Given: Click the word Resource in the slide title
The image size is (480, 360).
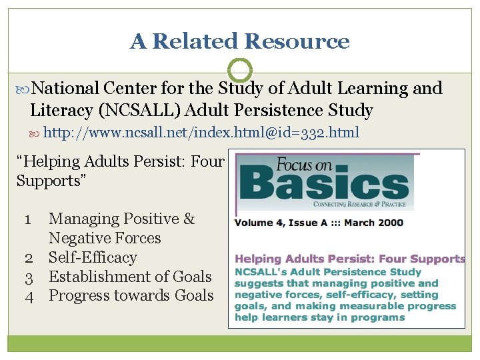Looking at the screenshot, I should click(x=297, y=41).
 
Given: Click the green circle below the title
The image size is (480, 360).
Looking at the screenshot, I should click(x=239, y=70).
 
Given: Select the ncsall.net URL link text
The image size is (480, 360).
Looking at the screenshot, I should click(x=201, y=133).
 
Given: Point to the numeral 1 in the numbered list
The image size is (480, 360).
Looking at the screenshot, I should click(x=29, y=219).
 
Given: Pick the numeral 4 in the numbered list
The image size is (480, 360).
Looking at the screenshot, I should click(x=29, y=296).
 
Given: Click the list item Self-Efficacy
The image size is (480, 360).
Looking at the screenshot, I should click(x=93, y=257).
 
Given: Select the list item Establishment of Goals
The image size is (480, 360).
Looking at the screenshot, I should click(x=130, y=277).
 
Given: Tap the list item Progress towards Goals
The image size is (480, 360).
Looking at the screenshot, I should click(x=131, y=296).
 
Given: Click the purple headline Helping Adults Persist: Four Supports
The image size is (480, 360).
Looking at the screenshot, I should click(x=350, y=259).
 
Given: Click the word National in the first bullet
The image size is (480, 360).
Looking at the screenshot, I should click(x=65, y=88).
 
